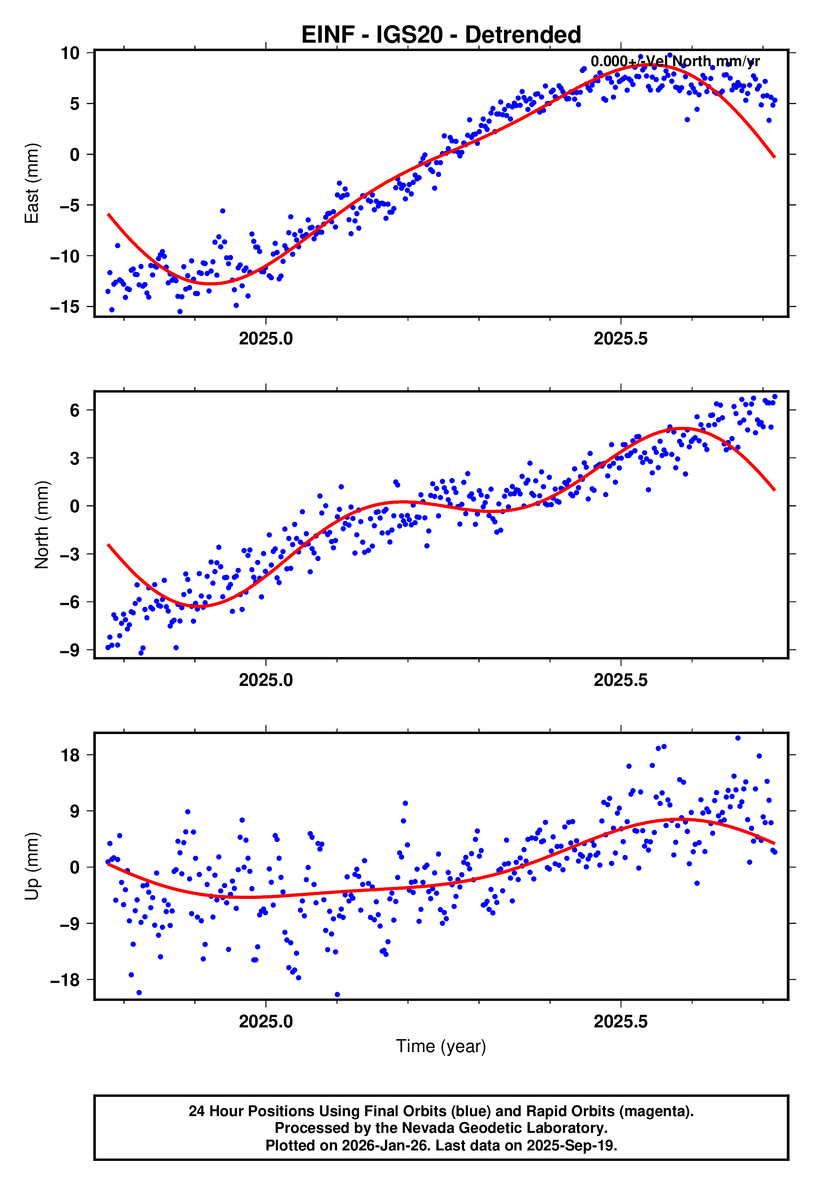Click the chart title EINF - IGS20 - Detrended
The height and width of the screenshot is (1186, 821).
click(441, 35)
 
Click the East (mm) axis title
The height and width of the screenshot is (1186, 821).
click(32, 183)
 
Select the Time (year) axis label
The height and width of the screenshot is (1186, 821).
click(441, 1047)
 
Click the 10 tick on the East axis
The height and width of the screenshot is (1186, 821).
click(70, 53)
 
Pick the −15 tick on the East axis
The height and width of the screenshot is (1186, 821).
click(65, 307)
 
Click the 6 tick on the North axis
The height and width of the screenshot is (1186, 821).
click(75, 411)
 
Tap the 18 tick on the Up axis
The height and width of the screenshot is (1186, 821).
click(70, 755)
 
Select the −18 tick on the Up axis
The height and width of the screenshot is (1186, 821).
click(65, 980)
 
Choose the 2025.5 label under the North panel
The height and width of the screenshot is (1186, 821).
click(621, 680)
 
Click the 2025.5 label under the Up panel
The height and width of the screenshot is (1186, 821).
click(621, 1022)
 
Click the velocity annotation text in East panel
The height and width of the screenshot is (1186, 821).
click(675, 62)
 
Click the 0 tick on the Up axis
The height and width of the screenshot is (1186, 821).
click(75, 868)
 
